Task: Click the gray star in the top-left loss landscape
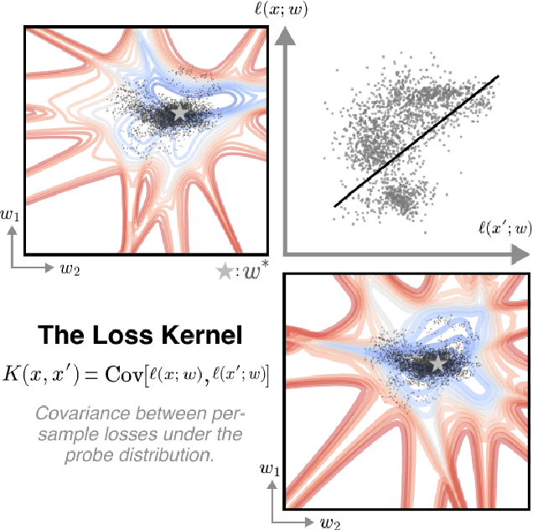(179, 111)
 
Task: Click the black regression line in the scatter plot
(417, 140)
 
